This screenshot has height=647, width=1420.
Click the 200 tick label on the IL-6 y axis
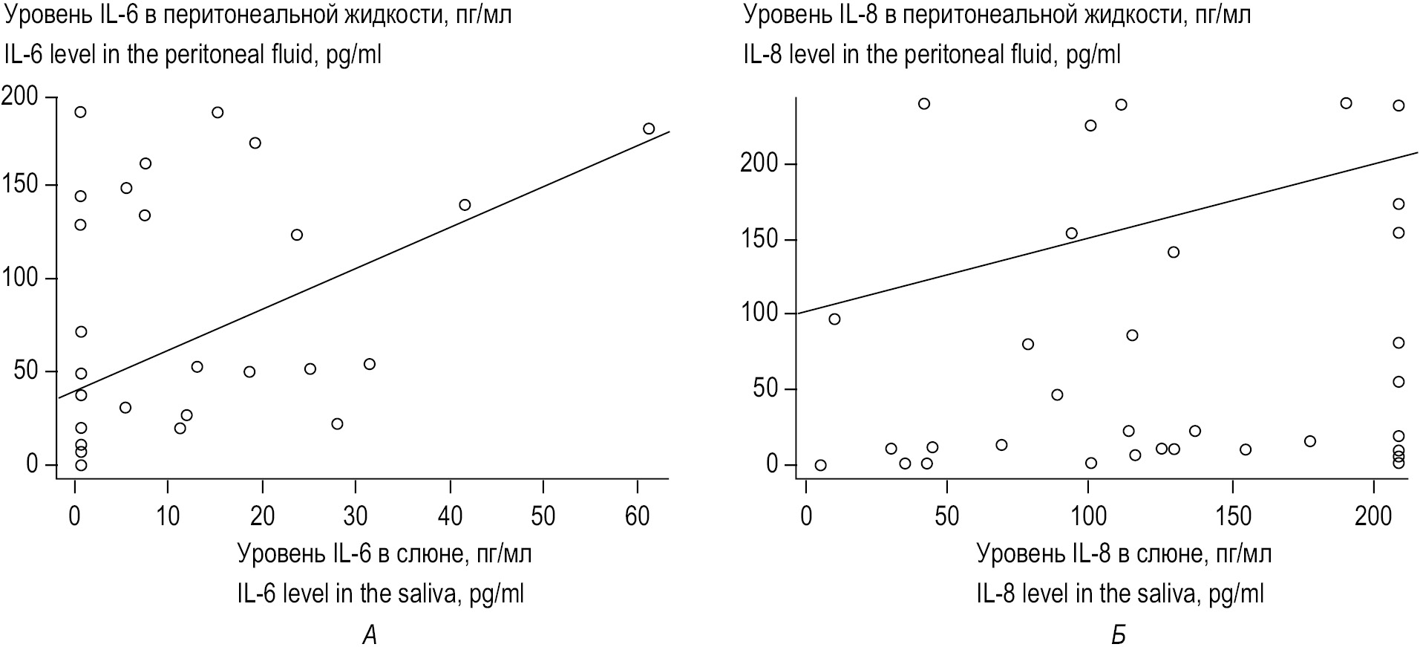point(21,97)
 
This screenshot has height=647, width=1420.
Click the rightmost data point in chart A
point(649,129)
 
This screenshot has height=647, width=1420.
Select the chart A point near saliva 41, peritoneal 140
point(465,205)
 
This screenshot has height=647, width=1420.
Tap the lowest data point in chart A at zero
point(81,466)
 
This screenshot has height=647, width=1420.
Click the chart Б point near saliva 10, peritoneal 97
point(834,319)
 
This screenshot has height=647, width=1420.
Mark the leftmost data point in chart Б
point(820,466)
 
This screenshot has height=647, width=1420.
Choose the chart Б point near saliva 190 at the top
point(1346,103)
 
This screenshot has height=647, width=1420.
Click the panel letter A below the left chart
point(370,635)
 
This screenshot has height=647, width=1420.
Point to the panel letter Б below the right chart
point(1118,635)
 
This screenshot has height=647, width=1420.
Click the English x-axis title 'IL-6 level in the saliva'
point(380,594)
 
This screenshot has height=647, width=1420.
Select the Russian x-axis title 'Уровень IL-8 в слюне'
point(1123,554)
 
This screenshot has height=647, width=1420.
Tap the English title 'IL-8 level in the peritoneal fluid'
point(932,55)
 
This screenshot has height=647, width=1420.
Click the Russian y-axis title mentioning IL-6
point(258,15)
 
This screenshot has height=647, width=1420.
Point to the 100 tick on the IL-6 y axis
point(21,279)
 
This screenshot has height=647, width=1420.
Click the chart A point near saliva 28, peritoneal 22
point(337,424)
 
